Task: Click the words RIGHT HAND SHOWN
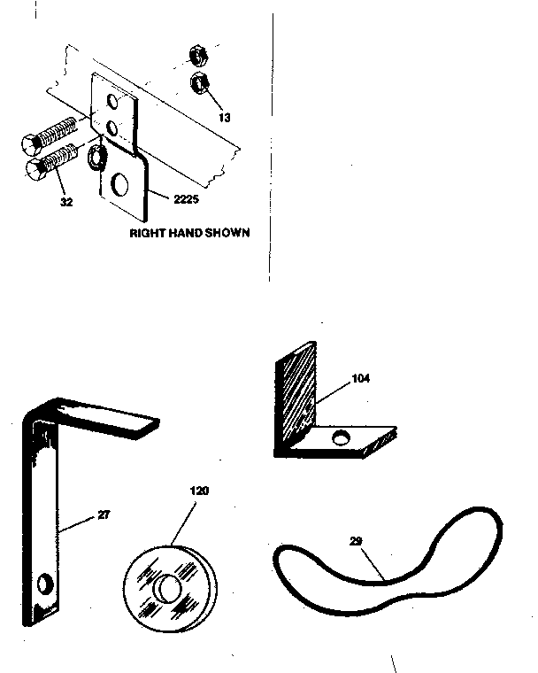coord(189,234)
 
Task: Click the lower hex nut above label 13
coord(198,86)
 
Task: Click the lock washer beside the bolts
coord(95,159)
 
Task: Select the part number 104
coord(359,378)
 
